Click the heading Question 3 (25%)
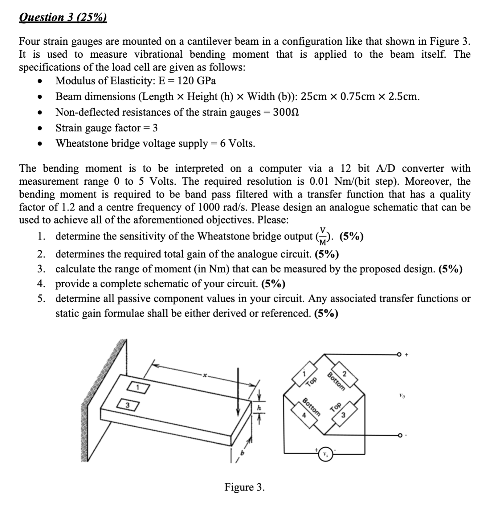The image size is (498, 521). coord(63,17)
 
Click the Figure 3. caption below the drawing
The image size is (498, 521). coord(244,487)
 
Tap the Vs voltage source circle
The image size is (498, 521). coord(325,454)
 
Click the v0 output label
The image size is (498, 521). coord(402,395)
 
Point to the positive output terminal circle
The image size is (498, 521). coord(399,355)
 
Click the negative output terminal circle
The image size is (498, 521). coord(399,435)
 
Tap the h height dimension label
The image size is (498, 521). coord(259,408)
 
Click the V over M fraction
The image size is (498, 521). coord(322,236)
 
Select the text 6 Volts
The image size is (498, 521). coord(238,144)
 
